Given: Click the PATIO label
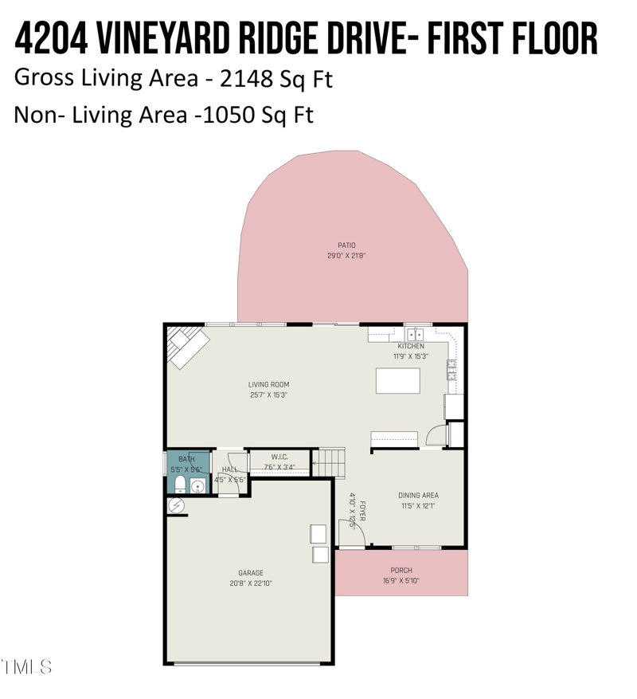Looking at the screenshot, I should pos(346,245).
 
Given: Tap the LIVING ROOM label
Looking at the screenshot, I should pos(268,384).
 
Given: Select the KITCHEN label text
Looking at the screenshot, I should pos(411,346).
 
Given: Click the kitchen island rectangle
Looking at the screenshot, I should pos(397,381).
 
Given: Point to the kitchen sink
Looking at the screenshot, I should pos(415,333).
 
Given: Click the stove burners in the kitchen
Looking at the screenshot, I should pos(451,368).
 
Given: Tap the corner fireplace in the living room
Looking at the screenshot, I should pos(185,348).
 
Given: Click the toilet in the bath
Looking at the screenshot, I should pos(179,485).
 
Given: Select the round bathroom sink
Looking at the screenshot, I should pos(197,485).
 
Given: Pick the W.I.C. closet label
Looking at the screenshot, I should pos(279,457).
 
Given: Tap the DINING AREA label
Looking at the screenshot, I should pos(418,495).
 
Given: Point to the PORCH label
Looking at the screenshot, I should pos(401,570).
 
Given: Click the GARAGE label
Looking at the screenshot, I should pos(250,572).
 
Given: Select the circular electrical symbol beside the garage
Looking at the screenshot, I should pos(176,505).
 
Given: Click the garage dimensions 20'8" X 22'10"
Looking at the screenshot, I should pos(250,583).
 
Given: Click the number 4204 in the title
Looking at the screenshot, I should pos(51,37).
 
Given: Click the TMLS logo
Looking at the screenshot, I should pos(27,666).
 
